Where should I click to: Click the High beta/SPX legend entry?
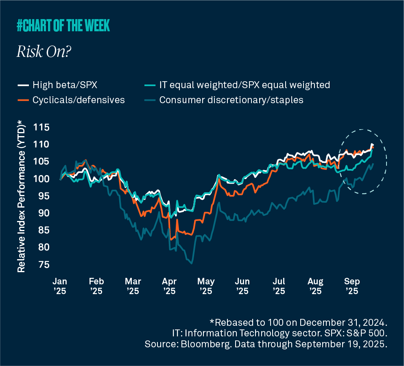65,85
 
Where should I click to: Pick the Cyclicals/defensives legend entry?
79,100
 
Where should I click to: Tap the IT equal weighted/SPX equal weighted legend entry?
244,85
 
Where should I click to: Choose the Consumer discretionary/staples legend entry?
231,100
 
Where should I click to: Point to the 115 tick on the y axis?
41,127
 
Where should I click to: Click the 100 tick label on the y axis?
41,179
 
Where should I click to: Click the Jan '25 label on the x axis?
60,286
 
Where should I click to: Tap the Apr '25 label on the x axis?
169,286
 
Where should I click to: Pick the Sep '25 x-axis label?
352,286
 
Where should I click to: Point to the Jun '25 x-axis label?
242,286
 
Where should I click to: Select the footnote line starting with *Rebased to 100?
298,323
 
